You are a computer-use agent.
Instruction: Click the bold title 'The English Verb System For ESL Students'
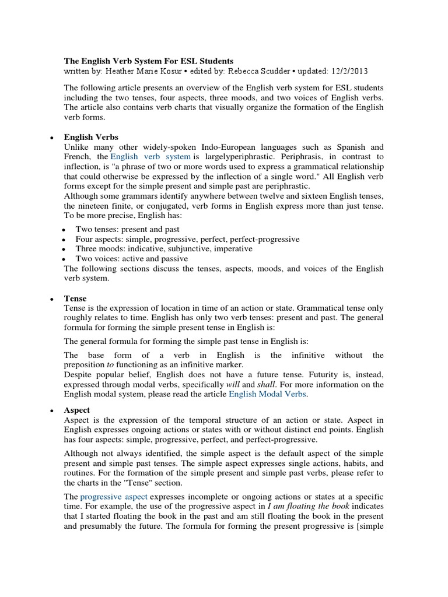[148, 61]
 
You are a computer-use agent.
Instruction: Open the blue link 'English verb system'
[150, 157]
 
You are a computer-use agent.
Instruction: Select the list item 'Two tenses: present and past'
[127, 229]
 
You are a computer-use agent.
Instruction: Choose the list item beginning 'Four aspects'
[187, 239]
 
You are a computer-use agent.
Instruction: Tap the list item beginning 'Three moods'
[164, 248]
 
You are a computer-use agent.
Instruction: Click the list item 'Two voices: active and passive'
[132, 258]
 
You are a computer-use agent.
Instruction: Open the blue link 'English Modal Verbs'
[268, 394]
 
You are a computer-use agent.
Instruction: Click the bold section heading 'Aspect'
[78, 410]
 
